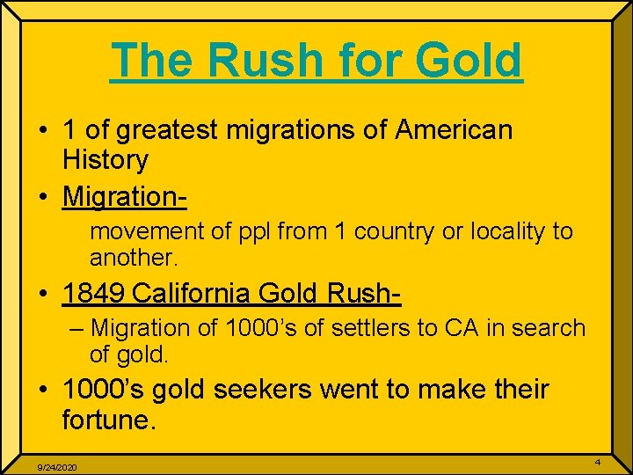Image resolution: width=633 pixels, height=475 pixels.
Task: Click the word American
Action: pos(454,130)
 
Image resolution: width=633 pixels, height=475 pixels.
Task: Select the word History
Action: pos(105,160)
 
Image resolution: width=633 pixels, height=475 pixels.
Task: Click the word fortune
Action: pos(108,419)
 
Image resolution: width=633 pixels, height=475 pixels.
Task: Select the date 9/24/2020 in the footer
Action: pos(55,467)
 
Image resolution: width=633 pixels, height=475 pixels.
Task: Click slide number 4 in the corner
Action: pos(598,463)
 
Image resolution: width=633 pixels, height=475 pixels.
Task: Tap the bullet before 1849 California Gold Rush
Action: pos(42,294)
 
